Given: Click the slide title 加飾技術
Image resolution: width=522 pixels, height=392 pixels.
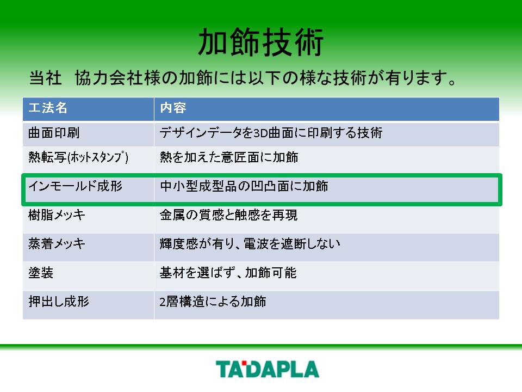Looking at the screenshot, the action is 260,42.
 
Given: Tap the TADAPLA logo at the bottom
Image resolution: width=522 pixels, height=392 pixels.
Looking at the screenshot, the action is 268,369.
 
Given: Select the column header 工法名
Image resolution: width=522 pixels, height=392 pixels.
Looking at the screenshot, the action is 48,108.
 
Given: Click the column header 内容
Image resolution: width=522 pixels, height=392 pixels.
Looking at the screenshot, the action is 173,108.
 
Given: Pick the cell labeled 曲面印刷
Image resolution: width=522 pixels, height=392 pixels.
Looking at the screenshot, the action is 54,133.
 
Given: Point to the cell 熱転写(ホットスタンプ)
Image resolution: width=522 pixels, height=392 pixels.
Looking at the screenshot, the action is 78,157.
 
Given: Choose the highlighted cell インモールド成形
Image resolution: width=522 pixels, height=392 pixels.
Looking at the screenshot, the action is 76,186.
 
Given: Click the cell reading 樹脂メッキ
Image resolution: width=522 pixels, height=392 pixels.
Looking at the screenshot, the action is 57,215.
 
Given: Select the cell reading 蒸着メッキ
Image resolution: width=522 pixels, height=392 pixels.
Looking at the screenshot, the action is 57,244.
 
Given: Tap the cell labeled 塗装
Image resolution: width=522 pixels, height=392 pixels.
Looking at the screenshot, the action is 41,273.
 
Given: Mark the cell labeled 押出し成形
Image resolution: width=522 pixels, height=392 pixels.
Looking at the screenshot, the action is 59,302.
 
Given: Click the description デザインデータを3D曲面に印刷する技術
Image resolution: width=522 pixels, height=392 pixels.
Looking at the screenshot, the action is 271,133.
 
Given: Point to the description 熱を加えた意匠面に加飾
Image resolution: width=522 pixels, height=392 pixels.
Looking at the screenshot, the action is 229,157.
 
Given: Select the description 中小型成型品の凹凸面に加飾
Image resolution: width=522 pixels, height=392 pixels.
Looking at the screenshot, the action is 244,186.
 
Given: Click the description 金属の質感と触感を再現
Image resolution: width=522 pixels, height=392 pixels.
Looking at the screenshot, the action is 229,215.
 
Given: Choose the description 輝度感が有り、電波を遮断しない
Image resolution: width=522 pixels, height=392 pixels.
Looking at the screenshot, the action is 250,244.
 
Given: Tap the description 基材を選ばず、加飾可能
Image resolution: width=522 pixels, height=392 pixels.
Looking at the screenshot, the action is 228,273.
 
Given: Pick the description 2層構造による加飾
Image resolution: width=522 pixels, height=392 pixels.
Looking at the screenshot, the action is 213,302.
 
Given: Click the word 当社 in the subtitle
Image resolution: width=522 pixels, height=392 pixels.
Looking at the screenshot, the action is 45,78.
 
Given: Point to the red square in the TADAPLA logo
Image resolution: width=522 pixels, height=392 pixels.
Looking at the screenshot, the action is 244,363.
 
